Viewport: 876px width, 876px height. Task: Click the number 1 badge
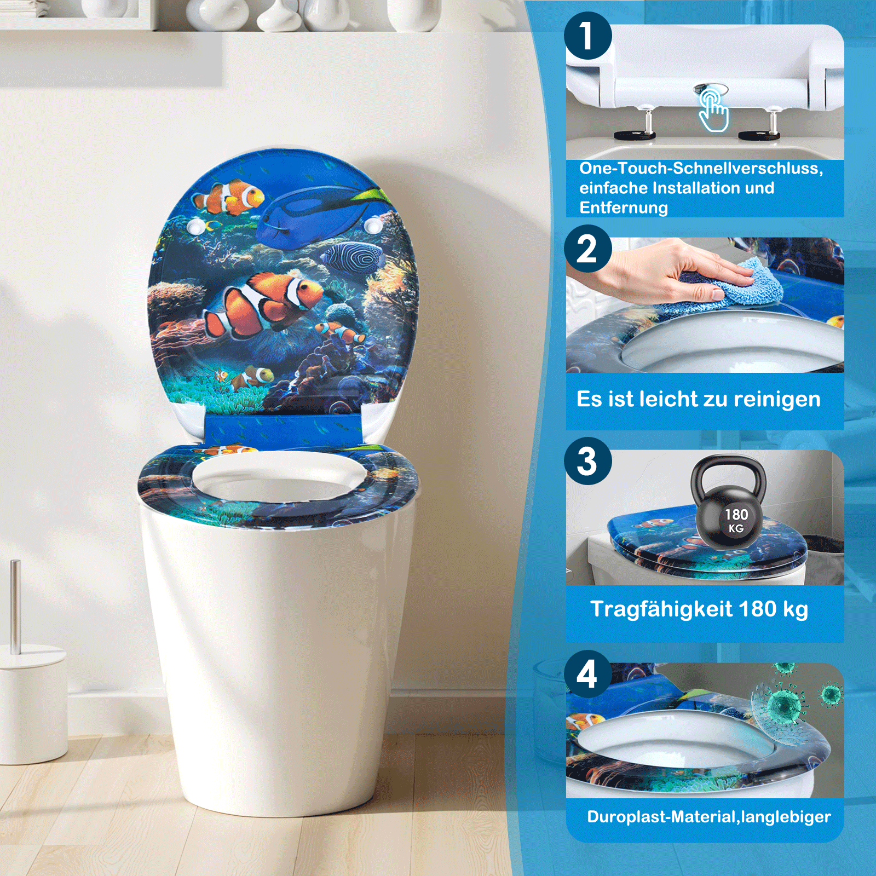587,36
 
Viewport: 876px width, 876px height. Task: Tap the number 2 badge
587,249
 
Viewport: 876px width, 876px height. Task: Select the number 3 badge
587,461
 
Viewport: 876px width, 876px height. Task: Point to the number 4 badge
587,673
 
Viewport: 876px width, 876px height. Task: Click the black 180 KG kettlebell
729,506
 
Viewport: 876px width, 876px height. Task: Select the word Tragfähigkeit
661,609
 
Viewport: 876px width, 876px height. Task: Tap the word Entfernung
624,208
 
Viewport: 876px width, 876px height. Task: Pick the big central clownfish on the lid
263,304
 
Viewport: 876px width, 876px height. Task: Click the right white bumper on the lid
373,224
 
